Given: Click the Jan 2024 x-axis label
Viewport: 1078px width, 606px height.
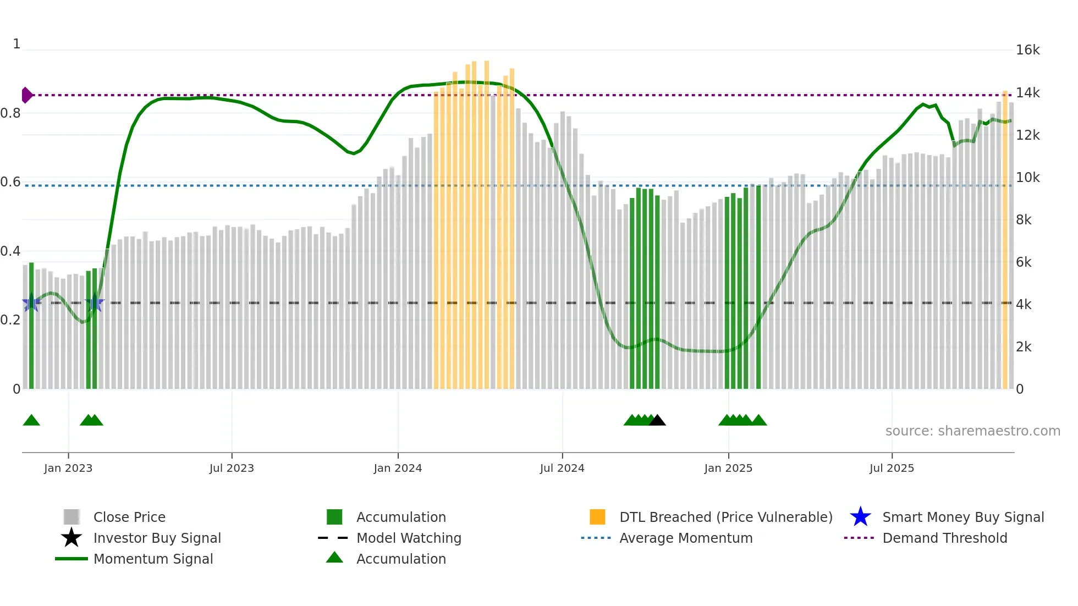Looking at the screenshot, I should click(398, 468).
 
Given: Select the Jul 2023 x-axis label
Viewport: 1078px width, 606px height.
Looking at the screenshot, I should click(232, 468).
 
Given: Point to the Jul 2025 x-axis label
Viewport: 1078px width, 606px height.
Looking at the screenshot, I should click(892, 468).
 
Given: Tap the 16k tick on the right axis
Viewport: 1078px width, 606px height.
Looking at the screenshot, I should click(1027, 50).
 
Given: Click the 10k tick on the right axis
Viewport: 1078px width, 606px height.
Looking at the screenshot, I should click(1027, 178).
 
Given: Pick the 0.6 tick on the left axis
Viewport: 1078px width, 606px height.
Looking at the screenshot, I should click(10, 182).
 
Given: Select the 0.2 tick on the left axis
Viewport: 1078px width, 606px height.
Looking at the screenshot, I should click(10, 320).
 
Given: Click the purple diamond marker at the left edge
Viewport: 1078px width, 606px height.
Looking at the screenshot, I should click(26, 95).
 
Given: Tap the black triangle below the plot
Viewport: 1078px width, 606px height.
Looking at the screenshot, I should click(657, 421).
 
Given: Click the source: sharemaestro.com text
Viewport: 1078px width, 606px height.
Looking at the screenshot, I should click(972, 431).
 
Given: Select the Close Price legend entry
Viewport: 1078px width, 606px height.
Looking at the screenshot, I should click(129, 517).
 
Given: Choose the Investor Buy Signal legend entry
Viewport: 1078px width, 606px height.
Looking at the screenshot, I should click(157, 538).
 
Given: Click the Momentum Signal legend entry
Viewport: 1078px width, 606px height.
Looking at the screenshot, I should click(153, 559).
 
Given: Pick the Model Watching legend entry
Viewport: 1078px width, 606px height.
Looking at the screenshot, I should click(409, 538).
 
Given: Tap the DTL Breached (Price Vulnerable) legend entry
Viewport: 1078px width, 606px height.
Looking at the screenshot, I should click(725, 517).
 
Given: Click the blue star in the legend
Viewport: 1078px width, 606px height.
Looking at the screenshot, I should click(860, 517).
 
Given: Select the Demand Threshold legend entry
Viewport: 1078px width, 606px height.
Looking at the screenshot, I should click(944, 538).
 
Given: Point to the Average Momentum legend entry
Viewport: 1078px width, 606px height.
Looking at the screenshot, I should click(686, 538).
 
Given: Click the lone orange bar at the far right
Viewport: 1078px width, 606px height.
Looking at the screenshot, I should click(1005, 242).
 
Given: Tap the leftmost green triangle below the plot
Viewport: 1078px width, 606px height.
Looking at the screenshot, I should click(31, 421).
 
